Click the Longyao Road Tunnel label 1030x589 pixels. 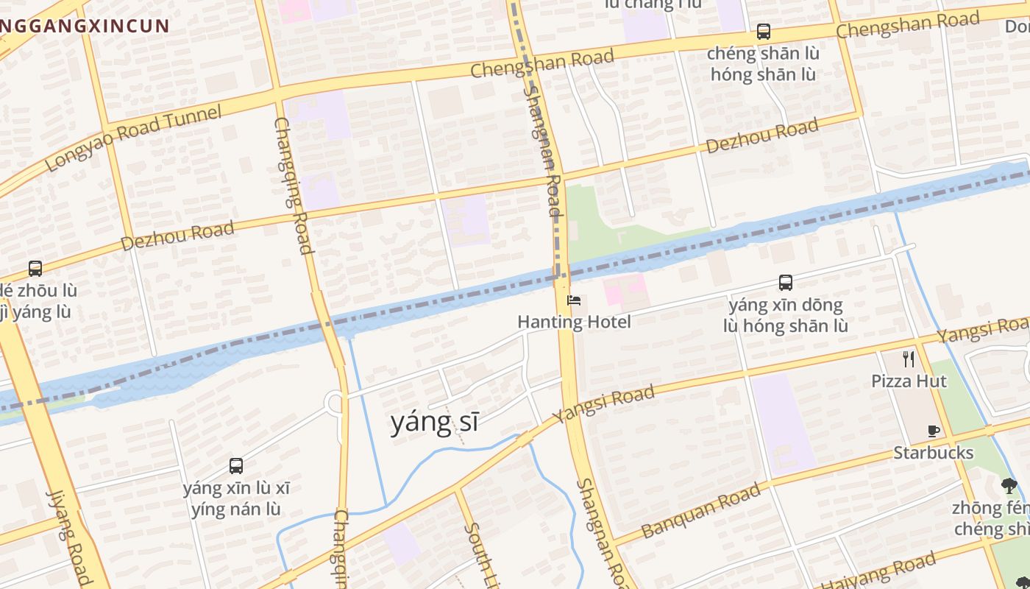click(x=133, y=138)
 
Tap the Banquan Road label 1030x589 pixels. click(x=700, y=510)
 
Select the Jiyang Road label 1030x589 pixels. click(x=70, y=537)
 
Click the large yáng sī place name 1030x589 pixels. click(x=434, y=422)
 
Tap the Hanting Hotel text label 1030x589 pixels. click(x=574, y=322)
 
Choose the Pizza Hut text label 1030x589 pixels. click(x=909, y=381)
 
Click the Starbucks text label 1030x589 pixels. click(x=933, y=452)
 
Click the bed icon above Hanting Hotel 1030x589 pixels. click(x=574, y=300)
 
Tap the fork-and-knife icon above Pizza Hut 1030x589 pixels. click(x=909, y=359)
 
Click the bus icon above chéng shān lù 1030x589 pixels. click(x=764, y=32)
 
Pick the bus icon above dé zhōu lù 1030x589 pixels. click(x=35, y=268)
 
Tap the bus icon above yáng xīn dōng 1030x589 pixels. click(x=786, y=283)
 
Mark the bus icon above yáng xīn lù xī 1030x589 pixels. click(x=236, y=465)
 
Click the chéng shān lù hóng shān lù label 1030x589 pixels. click(x=763, y=64)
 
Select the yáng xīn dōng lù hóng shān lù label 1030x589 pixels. click(x=786, y=315)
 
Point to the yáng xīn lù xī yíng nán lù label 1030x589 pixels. click(x=236, y=498)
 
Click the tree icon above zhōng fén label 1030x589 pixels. click(x=1009, y=485)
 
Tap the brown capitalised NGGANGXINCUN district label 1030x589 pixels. click(x=85, y=27)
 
